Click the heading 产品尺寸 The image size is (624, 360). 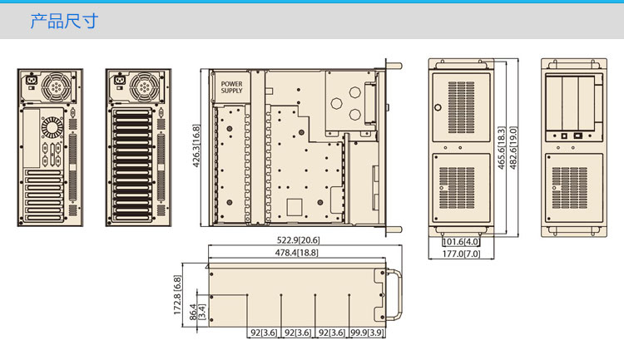tap(64, 21)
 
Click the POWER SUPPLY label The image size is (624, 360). tap(231, 87)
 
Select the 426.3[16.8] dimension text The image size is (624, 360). tap(196, 146)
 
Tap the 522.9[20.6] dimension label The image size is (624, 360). tap(298, 240)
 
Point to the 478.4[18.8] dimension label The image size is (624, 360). tap(296, 253)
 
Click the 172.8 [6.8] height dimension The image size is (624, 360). tap(177, 295)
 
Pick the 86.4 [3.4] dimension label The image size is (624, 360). tap(197, 313)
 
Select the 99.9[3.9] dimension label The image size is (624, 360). tap(367, 333)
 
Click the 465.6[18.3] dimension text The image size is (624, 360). tap(502, 148)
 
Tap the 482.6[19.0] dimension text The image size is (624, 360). tap(513, 148)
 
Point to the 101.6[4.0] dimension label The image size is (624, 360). tap(461, 242)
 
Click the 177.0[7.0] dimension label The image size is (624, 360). tap(461, 254)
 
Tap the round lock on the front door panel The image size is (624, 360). tap(438, 107)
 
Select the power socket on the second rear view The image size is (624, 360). tap(119, 81)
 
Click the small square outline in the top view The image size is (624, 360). tap(294, 207)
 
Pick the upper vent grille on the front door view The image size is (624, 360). tap(461, 107)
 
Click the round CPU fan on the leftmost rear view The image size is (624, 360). tap(52, 127)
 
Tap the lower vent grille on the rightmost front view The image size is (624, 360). tap(569, 188)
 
